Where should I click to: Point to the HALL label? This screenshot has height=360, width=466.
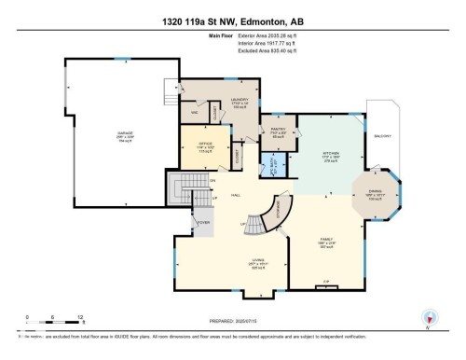point(237,195)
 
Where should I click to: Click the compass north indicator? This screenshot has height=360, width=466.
point(430,317)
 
